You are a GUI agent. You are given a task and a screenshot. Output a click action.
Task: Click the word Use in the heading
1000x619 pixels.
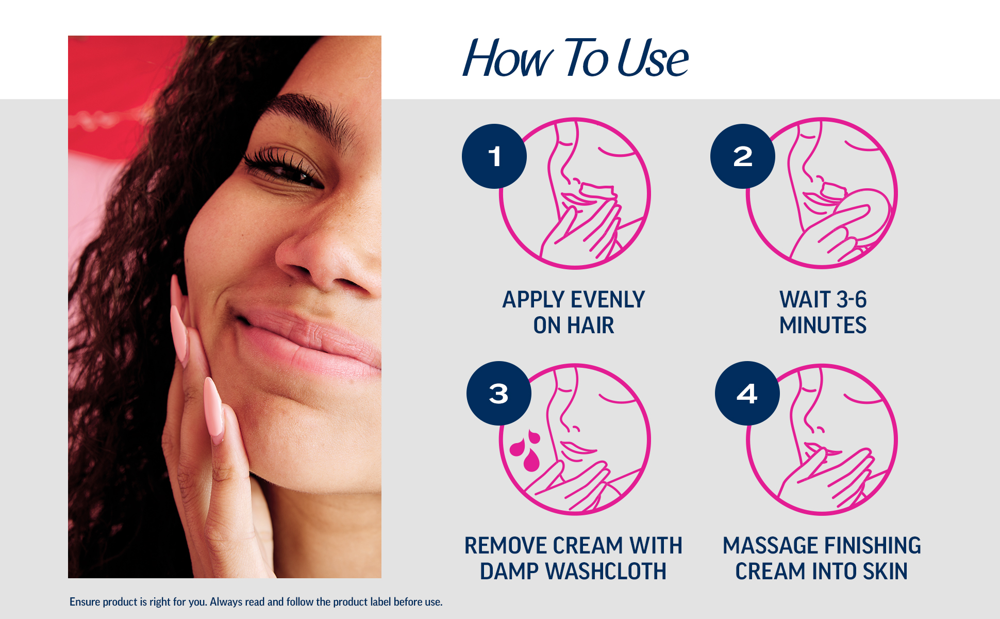click(653, 58)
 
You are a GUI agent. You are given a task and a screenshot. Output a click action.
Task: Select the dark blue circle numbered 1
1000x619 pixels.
click(494, 156)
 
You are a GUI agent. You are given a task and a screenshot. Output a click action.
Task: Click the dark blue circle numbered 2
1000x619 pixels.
click(743, 156)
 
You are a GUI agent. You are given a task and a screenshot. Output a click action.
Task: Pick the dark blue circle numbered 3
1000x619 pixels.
click(499, 394)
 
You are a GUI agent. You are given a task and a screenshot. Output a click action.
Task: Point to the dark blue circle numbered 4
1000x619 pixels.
click(747, 394)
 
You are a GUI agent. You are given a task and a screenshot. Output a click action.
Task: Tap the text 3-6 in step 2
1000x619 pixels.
click(852, 300)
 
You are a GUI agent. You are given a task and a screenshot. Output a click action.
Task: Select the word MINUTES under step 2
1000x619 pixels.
click(823, 325)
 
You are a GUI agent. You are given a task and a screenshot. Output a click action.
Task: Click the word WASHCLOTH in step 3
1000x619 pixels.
click(606, 572)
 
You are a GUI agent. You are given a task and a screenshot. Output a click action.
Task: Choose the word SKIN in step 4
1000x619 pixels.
click(885, 572)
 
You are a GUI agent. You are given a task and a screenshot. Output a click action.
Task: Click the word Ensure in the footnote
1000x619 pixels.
click(85, 602)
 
